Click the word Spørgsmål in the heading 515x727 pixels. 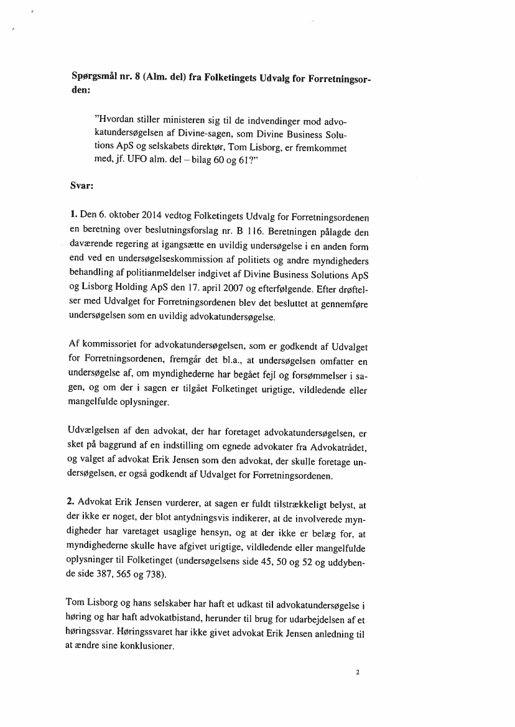[95, 77]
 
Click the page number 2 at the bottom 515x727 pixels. [358, 672]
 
